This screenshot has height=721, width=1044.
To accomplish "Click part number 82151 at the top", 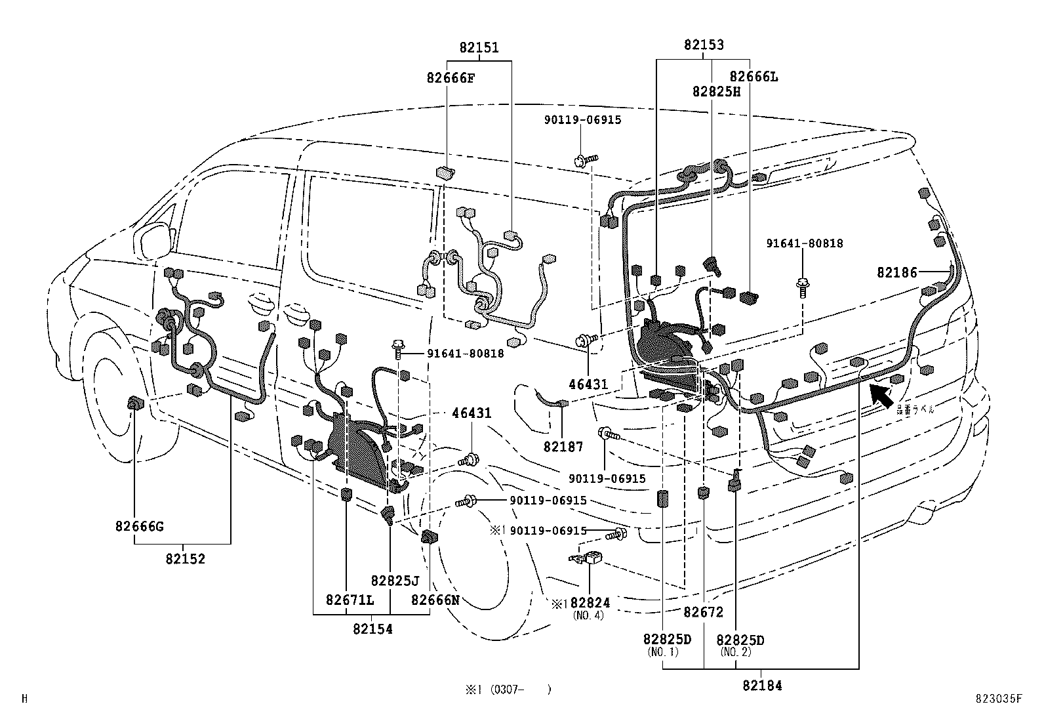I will [479, 48].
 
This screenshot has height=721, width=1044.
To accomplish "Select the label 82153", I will [704, 45].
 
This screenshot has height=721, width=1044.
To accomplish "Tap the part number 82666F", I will [450, 78].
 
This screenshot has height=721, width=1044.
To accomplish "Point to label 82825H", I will [715, 92].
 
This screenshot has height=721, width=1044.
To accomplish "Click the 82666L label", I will [753, 77].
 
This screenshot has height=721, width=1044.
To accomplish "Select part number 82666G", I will [139, 526].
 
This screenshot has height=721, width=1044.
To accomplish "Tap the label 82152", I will [185, 559].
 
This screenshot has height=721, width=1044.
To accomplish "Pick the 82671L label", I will [350, 600].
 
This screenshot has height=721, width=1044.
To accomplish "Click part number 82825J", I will [394, 581].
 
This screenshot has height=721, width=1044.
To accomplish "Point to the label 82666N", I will [435, 600].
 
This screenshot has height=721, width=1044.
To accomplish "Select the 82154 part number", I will [372, 629].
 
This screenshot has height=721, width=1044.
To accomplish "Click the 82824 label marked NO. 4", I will [590, 603].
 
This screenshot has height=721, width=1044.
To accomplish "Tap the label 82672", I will [703, 612].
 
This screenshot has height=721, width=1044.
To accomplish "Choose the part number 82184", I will [762, 686].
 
